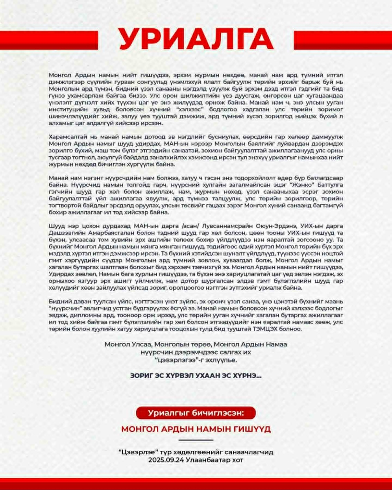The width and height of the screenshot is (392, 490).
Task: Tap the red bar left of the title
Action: point(49,40)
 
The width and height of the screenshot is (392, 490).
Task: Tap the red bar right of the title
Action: point(343,40)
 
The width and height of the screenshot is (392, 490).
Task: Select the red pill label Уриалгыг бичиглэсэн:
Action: point(196,413)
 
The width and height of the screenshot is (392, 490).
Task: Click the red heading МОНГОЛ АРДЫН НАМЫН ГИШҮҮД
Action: point(196,429)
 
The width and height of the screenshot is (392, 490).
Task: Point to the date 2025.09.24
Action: point(163,460)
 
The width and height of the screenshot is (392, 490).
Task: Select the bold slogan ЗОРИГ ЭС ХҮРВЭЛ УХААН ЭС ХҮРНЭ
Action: point(196,375)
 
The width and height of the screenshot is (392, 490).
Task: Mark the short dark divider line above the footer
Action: point(196,441)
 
